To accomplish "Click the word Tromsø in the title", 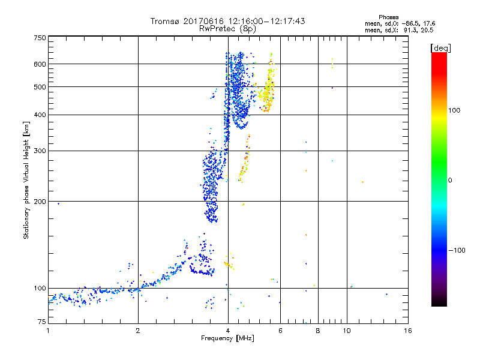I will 163,21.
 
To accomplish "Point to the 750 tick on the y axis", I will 40,38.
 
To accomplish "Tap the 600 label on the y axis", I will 40,64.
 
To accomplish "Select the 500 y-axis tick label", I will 40,87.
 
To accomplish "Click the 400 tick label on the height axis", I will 40,115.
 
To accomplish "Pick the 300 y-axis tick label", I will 40,151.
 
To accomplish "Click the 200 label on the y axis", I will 40,202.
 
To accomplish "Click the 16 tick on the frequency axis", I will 407,331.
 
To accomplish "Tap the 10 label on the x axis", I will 347,331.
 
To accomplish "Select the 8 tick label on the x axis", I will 318,331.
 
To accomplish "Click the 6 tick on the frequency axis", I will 280,331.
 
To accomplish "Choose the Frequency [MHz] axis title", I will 228,339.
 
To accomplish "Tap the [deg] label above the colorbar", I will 440,47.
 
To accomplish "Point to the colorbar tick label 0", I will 451,180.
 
